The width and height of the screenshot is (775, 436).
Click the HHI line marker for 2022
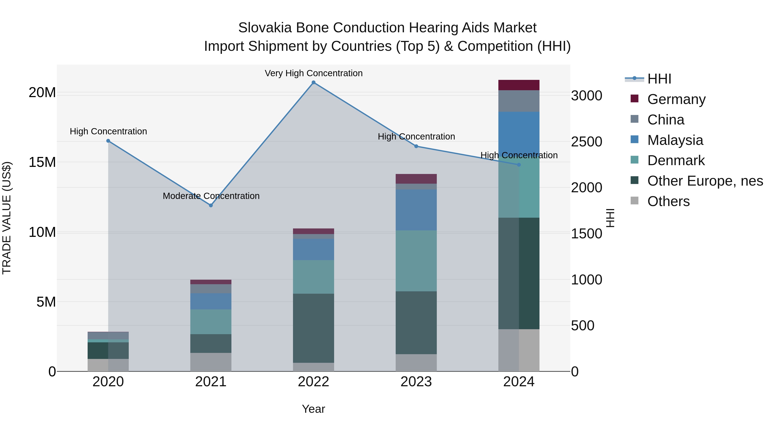(313, 82)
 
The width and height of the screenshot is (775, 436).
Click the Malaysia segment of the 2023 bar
(416, 210)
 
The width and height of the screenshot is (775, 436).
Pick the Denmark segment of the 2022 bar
(313, 277)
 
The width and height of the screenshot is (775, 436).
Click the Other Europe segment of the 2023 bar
(416, 323)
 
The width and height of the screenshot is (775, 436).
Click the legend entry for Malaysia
(675, 140)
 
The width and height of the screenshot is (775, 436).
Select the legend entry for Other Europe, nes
(705, 181)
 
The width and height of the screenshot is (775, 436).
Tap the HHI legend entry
(659, 79)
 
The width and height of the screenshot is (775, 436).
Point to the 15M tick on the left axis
(42, 163)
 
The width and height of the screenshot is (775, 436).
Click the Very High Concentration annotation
(313, 73)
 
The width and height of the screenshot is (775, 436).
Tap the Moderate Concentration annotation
(211, 196)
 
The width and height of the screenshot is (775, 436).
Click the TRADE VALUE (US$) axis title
(7, 218)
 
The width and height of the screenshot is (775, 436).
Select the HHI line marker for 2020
(108, 141)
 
